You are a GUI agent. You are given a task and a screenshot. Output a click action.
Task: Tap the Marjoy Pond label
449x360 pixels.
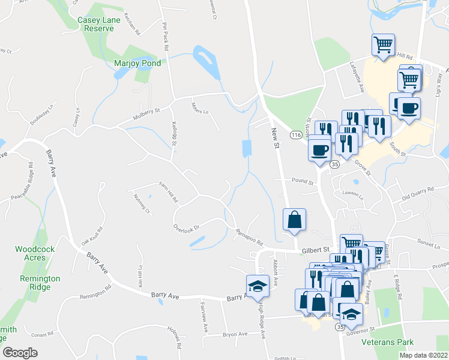click(137, 63)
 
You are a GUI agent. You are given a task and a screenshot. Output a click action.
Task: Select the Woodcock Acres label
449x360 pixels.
click(31, 253)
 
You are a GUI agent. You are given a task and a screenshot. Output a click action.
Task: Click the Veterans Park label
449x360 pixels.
click(388, 343)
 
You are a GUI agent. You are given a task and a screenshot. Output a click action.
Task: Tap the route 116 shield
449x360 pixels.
click(295, 136)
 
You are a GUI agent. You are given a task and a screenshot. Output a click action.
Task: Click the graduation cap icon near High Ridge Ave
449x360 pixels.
click(257, 286)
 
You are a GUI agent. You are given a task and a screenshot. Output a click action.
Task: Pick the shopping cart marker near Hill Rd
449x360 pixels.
click(382, 44)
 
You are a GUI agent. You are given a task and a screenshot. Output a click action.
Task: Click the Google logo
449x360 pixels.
click(20, 353)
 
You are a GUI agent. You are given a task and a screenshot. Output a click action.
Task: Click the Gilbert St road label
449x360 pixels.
click(317, 249)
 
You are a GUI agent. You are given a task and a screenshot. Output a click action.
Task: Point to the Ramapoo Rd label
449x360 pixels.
click(250, 239)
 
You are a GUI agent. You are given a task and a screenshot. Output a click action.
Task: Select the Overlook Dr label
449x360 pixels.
click(185, 227)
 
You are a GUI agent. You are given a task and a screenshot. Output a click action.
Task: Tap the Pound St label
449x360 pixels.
click(303, 181)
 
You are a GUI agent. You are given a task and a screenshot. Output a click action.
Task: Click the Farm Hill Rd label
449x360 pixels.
click(168, 191)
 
